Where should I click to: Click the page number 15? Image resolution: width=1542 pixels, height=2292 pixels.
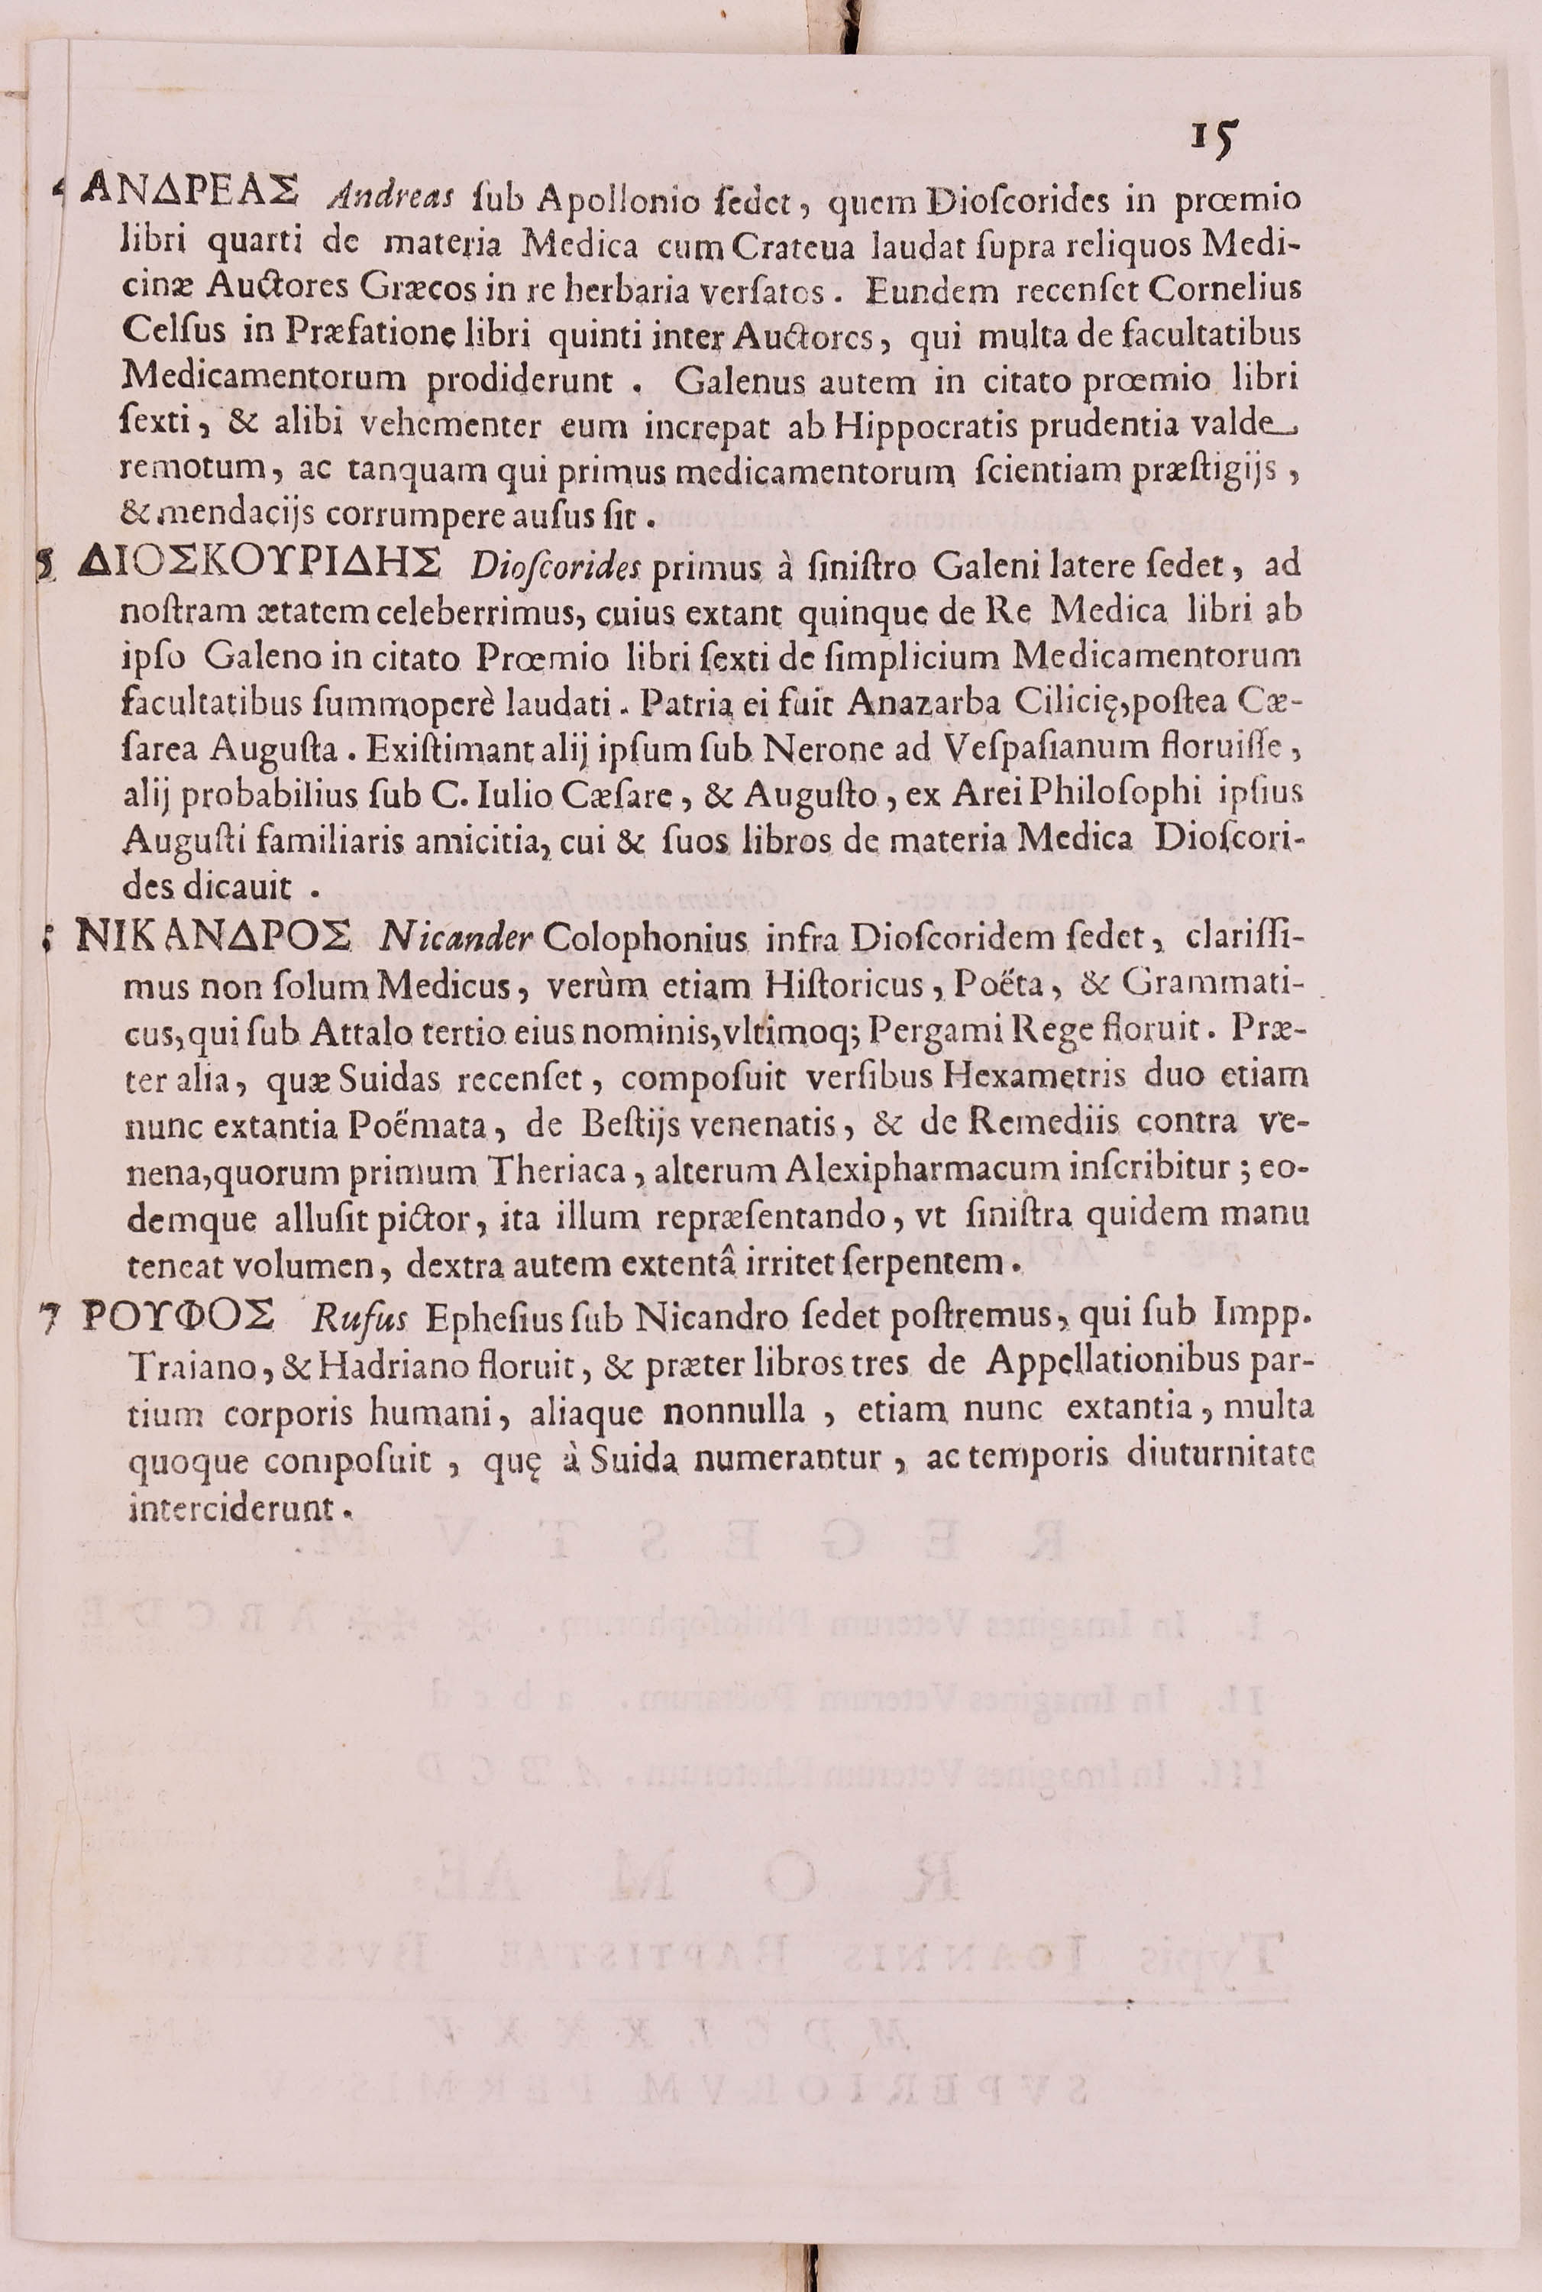click(1214, 141)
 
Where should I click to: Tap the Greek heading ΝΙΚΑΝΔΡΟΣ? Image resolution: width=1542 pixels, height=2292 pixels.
click(213, 937)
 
